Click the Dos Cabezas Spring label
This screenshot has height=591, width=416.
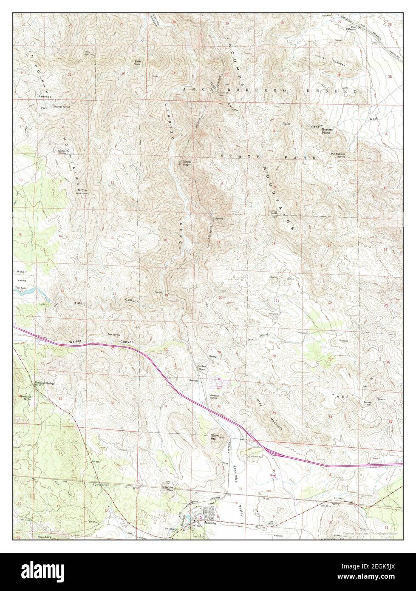click(338, 155)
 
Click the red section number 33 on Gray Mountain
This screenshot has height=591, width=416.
click(274, 413)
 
